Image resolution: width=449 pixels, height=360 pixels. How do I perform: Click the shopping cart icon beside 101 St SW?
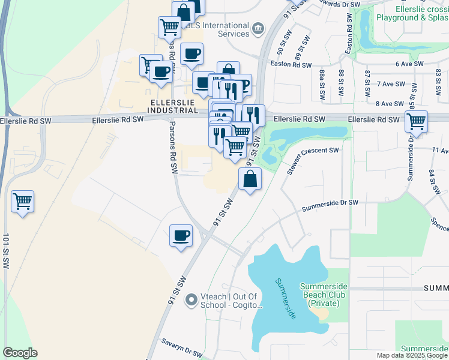tap(23, 202)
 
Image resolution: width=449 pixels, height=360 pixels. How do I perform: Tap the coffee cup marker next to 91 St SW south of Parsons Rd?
tap(181, 235)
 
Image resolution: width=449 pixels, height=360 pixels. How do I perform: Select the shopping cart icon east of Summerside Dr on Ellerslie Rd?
tap(416, 122)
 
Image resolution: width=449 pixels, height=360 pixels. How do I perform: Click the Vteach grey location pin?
tap(191, 299)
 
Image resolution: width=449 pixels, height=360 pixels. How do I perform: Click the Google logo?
tap(20, 352)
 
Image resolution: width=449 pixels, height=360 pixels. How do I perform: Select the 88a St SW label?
tap(322, 81)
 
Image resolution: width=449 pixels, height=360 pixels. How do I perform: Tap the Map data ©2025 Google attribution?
tap(411, 355)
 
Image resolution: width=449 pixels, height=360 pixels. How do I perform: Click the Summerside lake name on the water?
tap(287, 298)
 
